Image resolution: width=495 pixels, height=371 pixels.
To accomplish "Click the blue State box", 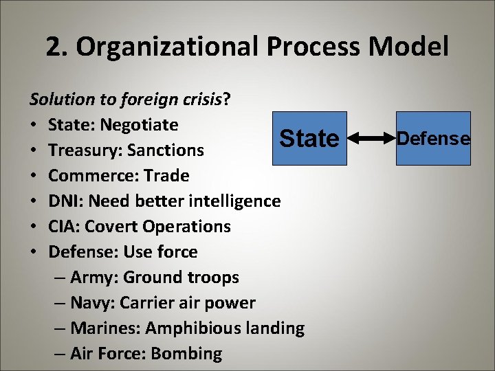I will [x=309, y=138].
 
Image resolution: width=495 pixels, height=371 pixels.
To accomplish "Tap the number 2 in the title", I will [x=54, y=47].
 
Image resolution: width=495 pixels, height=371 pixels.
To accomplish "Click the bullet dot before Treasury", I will [x=34, y=150].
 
